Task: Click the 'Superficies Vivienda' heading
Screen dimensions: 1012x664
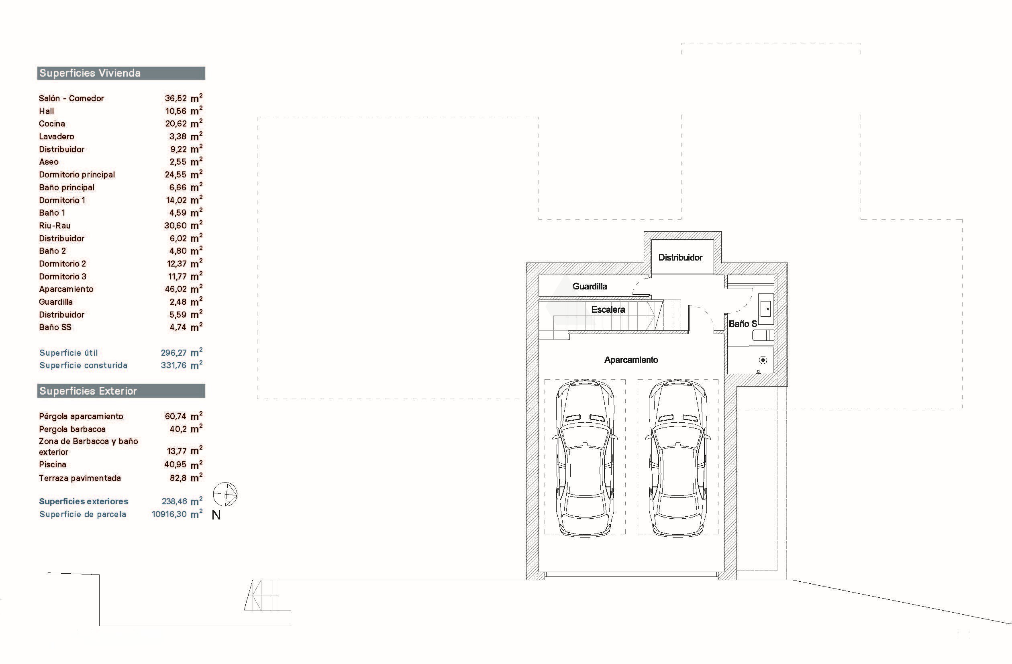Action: [90, 73]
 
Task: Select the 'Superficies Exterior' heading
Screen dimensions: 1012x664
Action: [88, 391]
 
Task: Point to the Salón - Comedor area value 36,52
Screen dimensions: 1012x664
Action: [175, 98]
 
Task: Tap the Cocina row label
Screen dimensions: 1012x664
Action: [52, 124]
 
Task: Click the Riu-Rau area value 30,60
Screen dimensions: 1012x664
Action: [175, 226]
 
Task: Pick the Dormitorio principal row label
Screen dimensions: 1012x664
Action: [77, 175]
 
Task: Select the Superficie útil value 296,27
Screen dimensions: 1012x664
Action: [173, 353]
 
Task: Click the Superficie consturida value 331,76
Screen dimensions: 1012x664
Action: [173, 365]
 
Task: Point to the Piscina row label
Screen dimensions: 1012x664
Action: [53, 464]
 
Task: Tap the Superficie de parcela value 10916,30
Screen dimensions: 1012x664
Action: [169, 514]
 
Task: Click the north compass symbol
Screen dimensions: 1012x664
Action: [225, 494]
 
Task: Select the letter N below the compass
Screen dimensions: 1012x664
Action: [216, 515]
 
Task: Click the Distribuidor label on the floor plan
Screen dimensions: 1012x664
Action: [680, 257]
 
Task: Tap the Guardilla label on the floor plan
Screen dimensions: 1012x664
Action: [590, 286]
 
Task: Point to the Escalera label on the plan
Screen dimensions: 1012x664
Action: [608, 310]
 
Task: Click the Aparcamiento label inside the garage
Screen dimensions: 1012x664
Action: [631, 360]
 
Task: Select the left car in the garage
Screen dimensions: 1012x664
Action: [585, 458]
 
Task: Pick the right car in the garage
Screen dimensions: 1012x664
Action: [678, 458]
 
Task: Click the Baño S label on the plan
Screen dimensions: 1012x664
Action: [743, 324]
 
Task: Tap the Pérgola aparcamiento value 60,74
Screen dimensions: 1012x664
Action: [175, 417]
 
